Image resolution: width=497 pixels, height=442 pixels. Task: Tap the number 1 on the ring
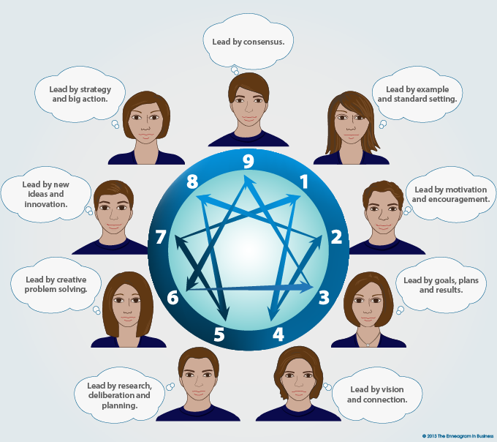(304, 180)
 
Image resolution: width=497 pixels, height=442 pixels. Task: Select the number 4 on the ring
(278, 335)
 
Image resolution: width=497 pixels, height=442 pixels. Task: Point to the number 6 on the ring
(172, 298)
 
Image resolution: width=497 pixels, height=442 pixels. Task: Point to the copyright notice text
(453, 435)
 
